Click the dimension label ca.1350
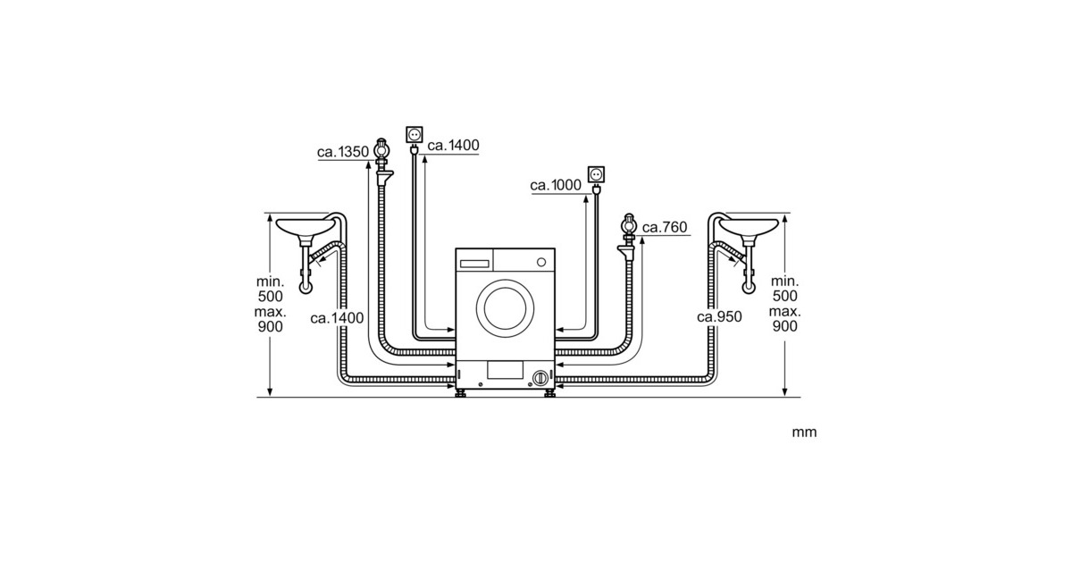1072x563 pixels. pos(343,152)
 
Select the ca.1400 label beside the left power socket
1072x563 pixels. pos(453,145)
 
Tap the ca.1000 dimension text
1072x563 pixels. pos(556,185)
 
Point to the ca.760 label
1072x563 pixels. pos(665,227)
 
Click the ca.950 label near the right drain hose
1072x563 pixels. pos(719,316)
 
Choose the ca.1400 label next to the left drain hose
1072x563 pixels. pos(337,318)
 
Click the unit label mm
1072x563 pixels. pos(804,433)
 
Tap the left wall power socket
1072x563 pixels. pos(414,135)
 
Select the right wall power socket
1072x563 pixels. pos(596,175)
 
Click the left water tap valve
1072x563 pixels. pos(381,151)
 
